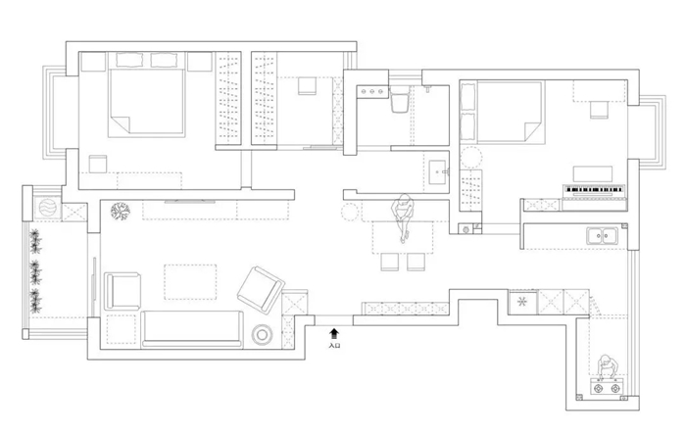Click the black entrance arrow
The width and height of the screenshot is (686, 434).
tap(334, 334)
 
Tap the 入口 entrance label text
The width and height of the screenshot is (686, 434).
tap(334, 345)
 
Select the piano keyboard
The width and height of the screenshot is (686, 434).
tap(594, 189)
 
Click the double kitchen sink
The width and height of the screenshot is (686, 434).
tap(602, 235)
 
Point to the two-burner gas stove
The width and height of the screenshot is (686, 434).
tap(606, 388)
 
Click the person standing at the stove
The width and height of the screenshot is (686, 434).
tap(607, 366)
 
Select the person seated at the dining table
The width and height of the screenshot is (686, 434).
tap(403, 216)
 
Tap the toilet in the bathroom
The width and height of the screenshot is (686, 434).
tap(399, 100)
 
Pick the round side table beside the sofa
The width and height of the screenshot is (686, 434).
tap(262, 335)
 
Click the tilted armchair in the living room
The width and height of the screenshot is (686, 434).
tap(261, 290)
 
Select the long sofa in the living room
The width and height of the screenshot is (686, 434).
tap(192, 328)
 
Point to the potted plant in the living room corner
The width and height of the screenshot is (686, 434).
tap(120, 212)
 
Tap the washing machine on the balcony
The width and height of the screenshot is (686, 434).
tap(48, 208)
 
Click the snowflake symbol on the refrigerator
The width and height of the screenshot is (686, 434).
tap(522, 302)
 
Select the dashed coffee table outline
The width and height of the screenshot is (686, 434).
tap(190, 282)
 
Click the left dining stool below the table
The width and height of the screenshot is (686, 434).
tap(389, 262)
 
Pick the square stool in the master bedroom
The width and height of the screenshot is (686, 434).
tap(98, 164)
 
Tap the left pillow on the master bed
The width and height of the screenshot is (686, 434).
tap(129, 60)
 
